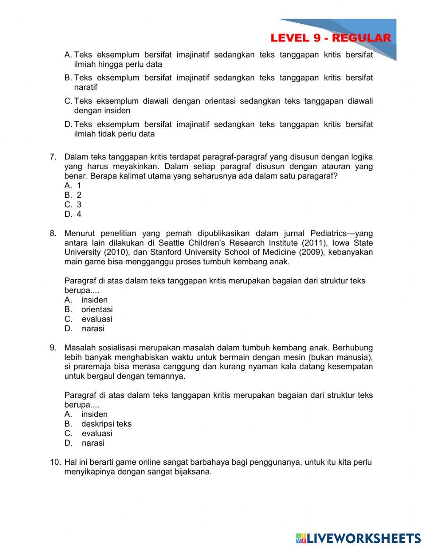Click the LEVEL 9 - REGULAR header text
coord(330,38)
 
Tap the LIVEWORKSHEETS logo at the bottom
coord(358,538)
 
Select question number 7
coord(53,157)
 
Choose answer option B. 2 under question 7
coord(73,195)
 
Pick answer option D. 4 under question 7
coord(73,214)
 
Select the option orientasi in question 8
coord(97,309)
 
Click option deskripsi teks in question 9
coord(106,424)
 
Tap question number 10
coord(55,462)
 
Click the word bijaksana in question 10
coord(193,472)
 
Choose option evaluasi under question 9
coord(97,433)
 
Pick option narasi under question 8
coord(93,328)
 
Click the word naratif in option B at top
coord(86,87)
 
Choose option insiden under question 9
coord(94,414)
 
